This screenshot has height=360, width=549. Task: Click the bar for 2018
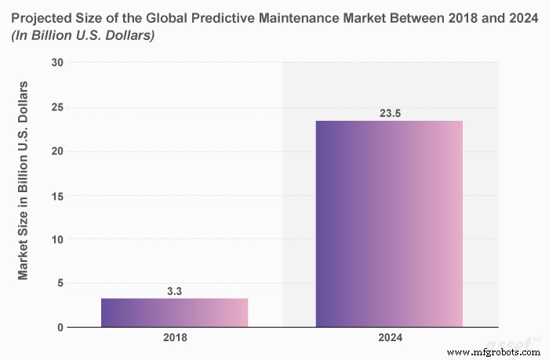pos(174,312)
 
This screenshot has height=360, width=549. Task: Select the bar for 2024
pos(389,224)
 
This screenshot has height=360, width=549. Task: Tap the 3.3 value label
pos(174,291)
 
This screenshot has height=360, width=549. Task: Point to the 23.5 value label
pos(389,113)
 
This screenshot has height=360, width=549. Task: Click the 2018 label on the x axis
pos(174,340)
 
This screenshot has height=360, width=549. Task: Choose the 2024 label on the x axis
pos(389,340)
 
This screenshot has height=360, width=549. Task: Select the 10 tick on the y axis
pos(57,239)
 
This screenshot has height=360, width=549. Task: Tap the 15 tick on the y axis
pos(57,195)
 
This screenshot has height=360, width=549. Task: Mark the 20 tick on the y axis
pos(57,151)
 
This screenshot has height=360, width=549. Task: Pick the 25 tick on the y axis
pos(57,107)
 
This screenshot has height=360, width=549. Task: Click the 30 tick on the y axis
pos(57,63)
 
